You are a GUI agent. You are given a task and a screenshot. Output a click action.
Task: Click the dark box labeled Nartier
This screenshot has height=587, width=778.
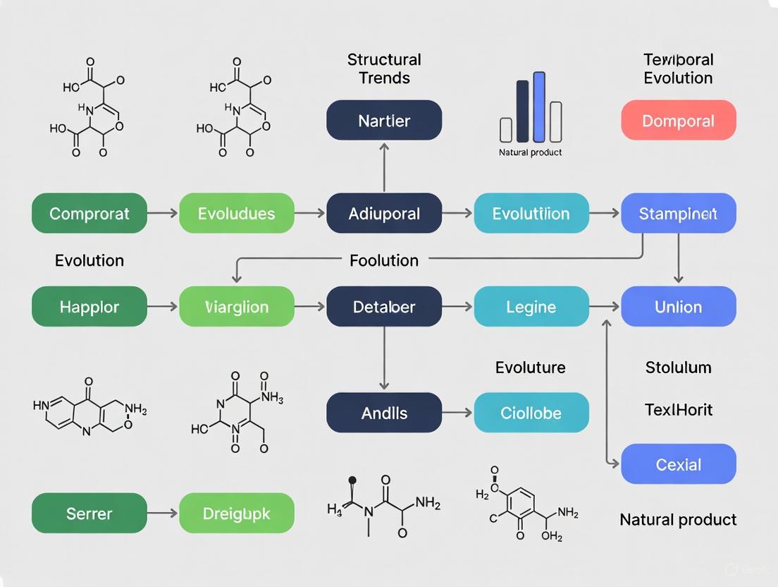[x=384, y=120]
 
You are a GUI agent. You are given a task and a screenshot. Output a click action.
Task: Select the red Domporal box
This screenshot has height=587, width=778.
[x=678, y=120]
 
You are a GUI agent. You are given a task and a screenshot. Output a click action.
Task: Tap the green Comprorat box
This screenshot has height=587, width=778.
[x=89, y=213]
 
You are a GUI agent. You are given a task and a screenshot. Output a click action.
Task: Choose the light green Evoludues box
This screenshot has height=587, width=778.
[x=237, y=213]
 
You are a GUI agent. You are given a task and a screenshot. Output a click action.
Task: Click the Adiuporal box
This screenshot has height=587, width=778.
[x=384, y=213]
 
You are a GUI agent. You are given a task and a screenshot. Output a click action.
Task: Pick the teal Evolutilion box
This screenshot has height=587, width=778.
[x=531, y=213]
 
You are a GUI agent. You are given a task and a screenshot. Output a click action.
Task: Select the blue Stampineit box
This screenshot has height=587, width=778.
[x=678, y=213]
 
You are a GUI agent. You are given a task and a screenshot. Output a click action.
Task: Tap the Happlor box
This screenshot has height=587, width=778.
[x=89, y=307]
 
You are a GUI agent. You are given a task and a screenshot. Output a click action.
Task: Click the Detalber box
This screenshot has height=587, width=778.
[x=384, y=307]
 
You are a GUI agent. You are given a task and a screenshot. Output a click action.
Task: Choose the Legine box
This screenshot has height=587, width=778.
[x=531, y=307]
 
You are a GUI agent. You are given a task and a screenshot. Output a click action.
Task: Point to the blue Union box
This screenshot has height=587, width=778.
[x=678, y=307]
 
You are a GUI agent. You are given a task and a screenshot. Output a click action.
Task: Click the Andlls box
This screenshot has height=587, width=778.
[x=384, y=413]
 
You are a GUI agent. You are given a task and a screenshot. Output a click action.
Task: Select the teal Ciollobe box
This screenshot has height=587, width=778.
[x=531, y=413]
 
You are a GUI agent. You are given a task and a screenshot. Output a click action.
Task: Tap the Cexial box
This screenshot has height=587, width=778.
[x=678, y=464]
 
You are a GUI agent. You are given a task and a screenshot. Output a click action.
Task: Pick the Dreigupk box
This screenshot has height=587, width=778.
[x=237, y=513]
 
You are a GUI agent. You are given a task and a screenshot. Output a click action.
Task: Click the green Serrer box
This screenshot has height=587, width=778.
[x=89, y=513]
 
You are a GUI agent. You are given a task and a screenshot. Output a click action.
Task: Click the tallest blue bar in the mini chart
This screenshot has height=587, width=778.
[x=539, y=107]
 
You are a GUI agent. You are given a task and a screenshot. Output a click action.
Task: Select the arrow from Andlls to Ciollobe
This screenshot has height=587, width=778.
[x=458, y=413]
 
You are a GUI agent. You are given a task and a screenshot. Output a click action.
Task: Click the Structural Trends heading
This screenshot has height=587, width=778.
[x=384, y=68]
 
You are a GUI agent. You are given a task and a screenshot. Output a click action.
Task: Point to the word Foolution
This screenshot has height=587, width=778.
[x=384, y=260]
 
